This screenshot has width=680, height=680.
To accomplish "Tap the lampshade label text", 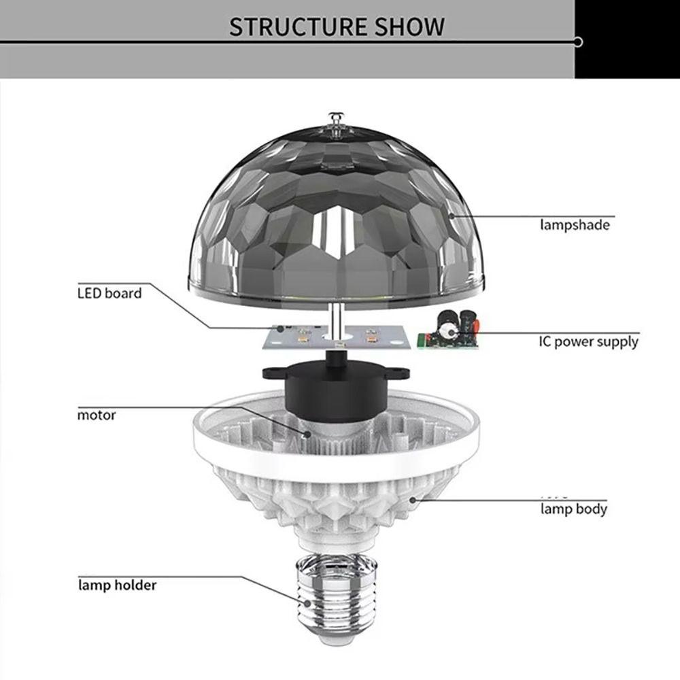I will [575, 224].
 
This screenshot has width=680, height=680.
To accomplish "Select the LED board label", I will [109, 294].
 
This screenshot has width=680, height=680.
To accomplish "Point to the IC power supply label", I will [588, 341].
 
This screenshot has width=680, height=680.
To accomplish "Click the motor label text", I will [96, 415].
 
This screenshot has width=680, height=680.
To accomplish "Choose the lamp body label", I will [573, 509].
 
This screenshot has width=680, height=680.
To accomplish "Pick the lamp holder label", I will [116, 585].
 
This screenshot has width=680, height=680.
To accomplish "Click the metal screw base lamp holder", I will [333, 598].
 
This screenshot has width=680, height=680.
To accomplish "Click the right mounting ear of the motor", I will [401, 373].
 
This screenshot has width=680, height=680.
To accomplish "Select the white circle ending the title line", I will [578, 42].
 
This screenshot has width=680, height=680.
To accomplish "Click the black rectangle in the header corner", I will [627, 38].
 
